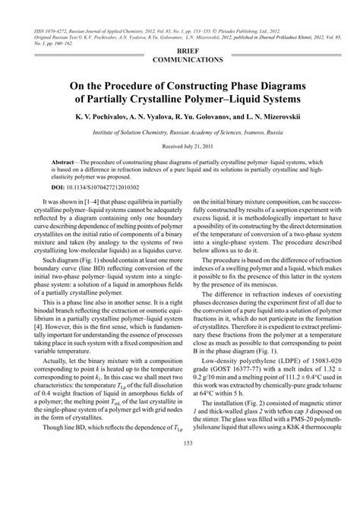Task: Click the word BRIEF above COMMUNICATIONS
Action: click(x=180, y=46)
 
